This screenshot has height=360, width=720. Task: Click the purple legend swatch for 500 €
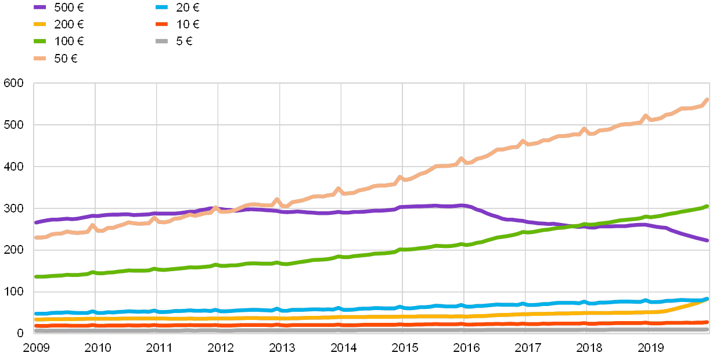click(x=40, y=7)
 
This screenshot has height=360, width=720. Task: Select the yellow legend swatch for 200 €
click(x=40, y=24)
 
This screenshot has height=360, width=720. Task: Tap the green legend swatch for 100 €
click(x=40, y=41)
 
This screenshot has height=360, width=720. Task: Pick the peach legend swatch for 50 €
click(x=40, y=58)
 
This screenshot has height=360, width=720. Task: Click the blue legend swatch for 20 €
click(x=162, y=7)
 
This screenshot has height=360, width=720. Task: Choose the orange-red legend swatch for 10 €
click(x=162, y=24)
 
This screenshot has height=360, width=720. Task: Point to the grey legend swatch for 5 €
click(x=162, y=41)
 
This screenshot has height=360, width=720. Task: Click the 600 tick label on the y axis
click(x=14, y=84)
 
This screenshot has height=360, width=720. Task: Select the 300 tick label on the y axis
click(x=14, y=208)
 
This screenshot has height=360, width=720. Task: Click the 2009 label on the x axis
click(x=36, y=347)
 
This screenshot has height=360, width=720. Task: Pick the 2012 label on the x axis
click(x=220, y=347)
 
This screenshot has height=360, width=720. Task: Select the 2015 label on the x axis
click(x=404, y=347)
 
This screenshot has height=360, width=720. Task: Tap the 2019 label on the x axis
click(x=650, y=347)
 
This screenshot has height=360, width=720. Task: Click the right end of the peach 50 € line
click(x=707, y=100)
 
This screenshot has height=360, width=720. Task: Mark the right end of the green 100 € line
click(x=707, y=206)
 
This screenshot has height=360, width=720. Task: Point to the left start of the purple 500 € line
click(x=35, y=222)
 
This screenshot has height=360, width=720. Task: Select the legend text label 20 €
click(x=188, y=7)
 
